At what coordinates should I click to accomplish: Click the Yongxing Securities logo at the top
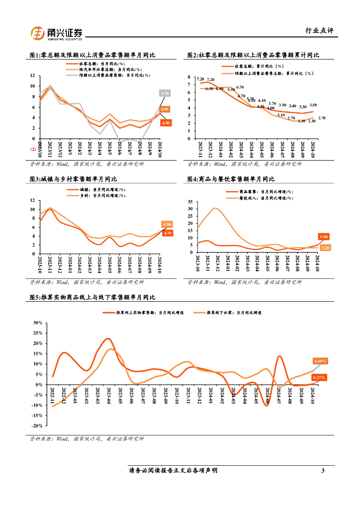click(x=57, y=33)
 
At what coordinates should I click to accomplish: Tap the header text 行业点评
click(x=319, y=31)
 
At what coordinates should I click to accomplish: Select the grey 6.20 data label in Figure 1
click(x=165, y=93)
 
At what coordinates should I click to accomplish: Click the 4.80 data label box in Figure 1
click(x=166, y=122)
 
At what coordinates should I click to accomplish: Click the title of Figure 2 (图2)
click(x=253, y=55)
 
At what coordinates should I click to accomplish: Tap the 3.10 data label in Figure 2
click(x=281, y=115)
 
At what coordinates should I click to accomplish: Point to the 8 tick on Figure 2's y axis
click(x=188, y=77)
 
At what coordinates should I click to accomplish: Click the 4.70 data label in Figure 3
click(x=167, y=233)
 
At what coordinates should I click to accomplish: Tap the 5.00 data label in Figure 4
click(x=324, y=237)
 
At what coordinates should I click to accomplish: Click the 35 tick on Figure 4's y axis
click(x=189, y=202)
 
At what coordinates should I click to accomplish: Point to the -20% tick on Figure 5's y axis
click(x=36, y=426)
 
